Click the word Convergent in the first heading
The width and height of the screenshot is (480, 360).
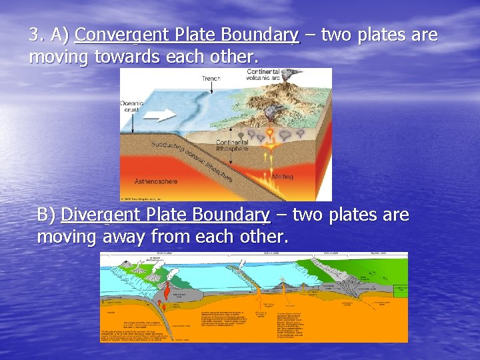[x=123, y=35]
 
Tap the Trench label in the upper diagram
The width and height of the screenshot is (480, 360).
[x=211, y=79]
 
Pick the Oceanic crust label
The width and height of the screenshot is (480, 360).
[x=131, y=107]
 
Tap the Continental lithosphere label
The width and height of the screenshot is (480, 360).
[x=231, y=145]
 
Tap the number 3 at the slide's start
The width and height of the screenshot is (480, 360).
[x=34, y=35]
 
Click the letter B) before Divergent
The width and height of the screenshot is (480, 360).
[x=46, y=215]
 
